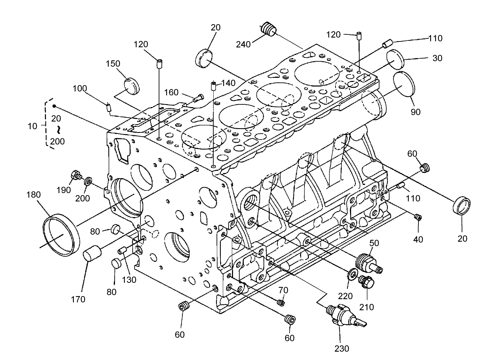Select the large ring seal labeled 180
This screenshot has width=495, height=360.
62,235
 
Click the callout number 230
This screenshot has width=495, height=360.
342,348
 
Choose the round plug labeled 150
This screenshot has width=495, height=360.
132,85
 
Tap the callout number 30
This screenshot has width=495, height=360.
437,58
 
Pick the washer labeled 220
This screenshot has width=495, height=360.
353,273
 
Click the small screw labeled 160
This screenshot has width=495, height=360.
197,99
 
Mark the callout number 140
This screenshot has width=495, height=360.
228,83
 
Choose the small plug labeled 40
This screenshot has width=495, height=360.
418,218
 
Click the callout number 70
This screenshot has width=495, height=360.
283,290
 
